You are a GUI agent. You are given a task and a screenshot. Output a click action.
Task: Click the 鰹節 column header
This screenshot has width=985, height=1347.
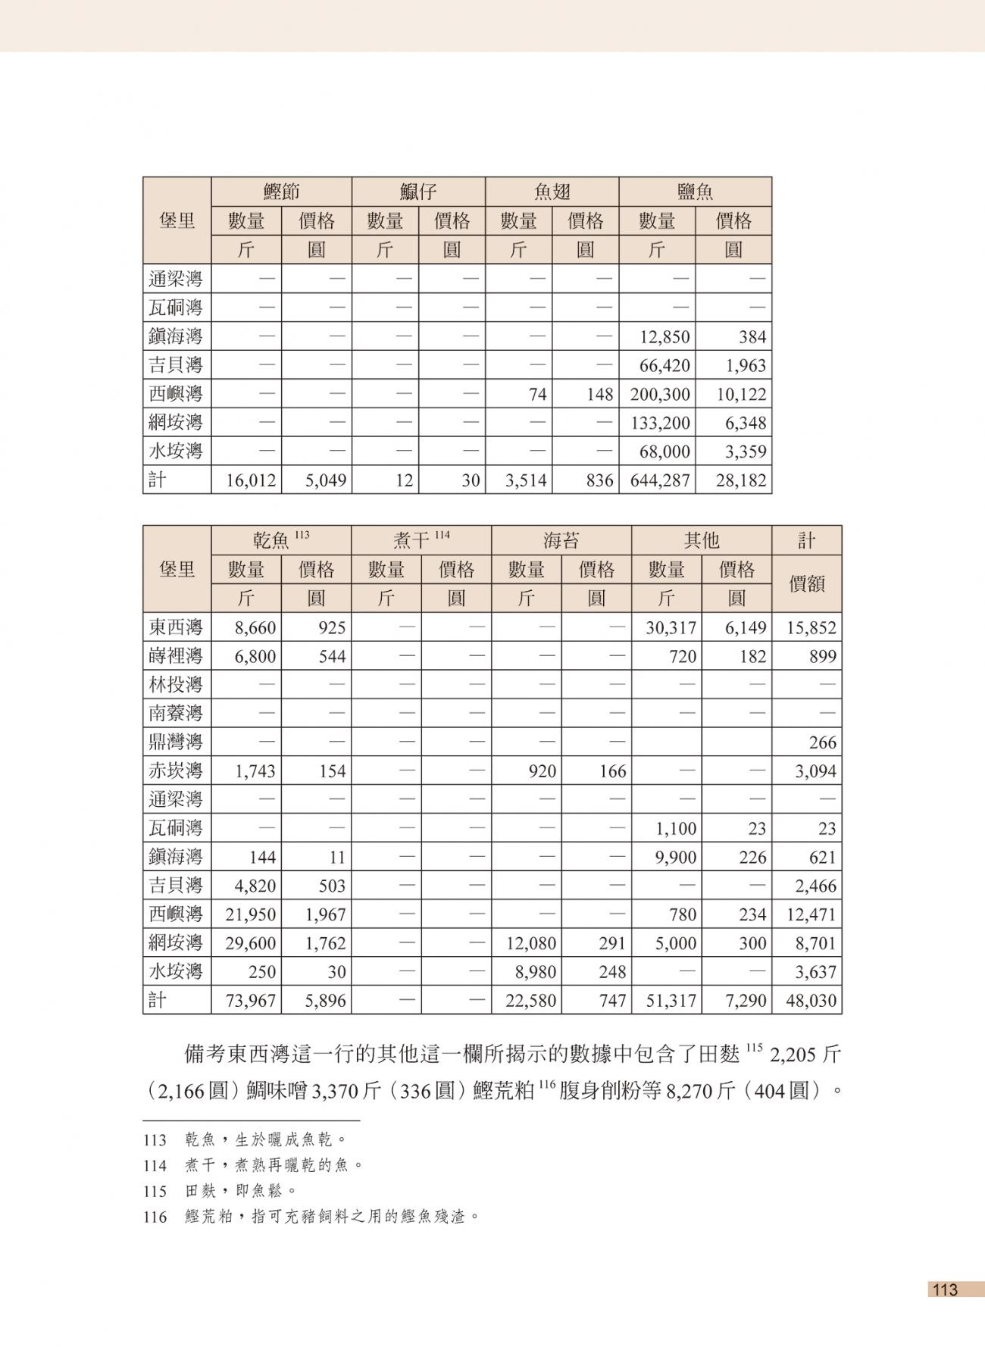click(281, 192)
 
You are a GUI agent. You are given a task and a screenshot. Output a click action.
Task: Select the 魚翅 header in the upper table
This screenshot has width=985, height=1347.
click(552, 192)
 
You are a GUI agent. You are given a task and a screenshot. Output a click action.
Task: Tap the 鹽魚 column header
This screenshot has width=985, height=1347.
click(695, 192)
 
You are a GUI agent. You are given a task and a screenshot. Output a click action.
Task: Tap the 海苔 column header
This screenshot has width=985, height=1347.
click(561, 540)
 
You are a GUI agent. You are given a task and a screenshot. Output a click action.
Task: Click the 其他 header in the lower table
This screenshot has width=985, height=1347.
click(701, 540)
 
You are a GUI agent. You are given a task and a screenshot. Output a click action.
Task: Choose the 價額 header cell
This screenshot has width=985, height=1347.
click(806, 584)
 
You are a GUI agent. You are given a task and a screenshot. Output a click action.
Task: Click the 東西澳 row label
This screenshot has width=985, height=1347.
click(176, 627)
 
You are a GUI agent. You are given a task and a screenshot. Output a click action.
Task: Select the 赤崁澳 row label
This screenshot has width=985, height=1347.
click(176, 771)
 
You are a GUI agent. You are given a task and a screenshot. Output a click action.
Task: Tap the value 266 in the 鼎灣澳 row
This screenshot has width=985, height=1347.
click(822, 742)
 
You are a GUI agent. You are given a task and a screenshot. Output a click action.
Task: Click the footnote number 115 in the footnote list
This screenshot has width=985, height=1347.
click(155, 1192)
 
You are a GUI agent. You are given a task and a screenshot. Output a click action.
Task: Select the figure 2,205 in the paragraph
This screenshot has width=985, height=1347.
click(796, 1055)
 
